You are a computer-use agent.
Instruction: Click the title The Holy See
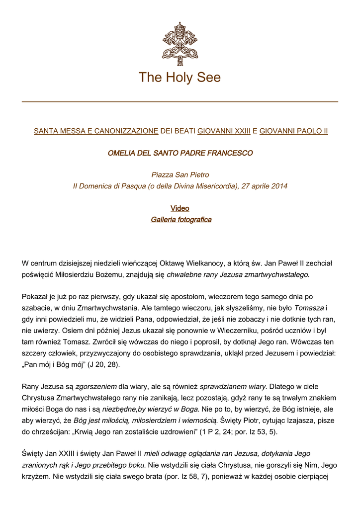point(180,78)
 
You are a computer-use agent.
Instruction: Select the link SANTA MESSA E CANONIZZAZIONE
point(95,131)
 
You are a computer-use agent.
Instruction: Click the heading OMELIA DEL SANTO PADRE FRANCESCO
point(180,153)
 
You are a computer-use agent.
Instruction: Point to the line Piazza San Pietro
point(180,175)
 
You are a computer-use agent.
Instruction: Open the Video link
point(180,208)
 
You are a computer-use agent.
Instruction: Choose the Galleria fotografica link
point(181,220)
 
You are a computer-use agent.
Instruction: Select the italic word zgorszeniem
point(96,386)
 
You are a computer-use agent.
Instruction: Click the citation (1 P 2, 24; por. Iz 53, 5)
point(239,431)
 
